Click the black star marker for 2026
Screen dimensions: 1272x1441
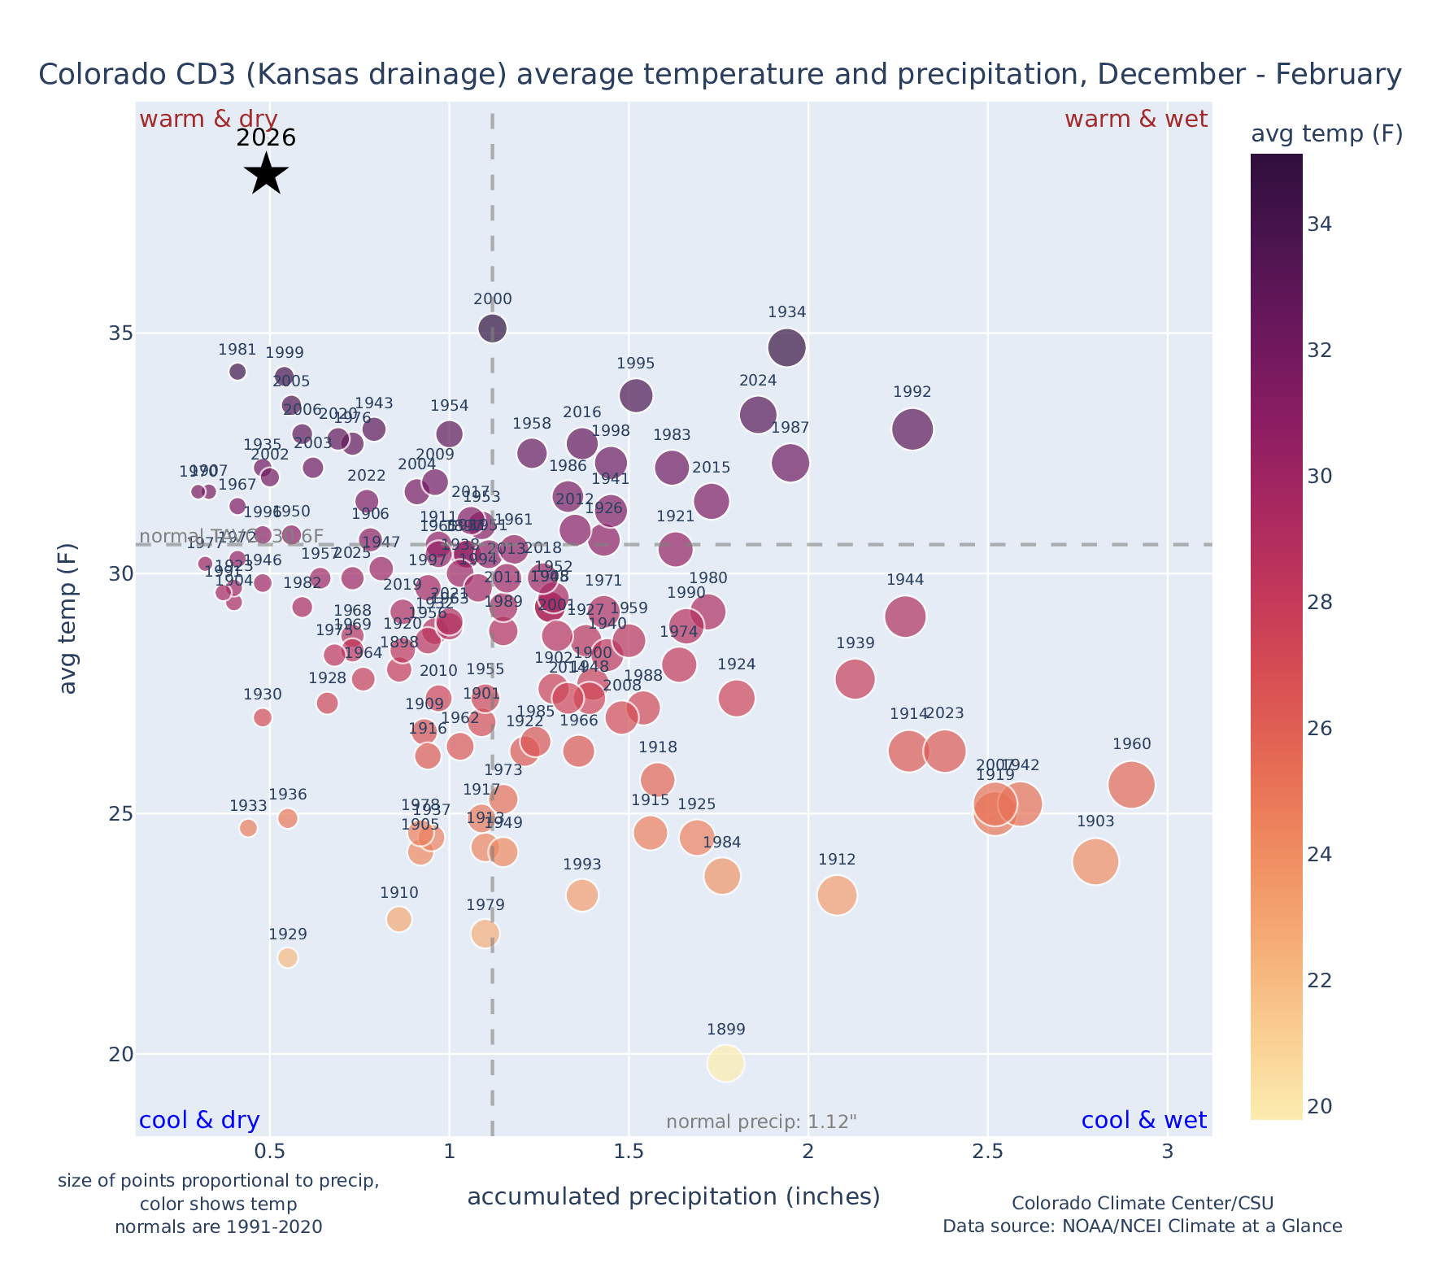coord(266,173)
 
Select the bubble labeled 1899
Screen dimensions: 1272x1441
coord(726,1063)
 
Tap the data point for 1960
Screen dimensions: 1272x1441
coord(1131,785)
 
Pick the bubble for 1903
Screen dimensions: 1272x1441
coord(1095,861)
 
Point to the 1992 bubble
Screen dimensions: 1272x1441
coord(912,429)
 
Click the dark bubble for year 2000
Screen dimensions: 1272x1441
coord(493,329)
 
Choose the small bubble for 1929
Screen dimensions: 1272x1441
coord(288,957)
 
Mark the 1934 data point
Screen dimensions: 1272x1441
coord(786,348)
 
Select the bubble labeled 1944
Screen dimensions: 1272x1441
coord(905,616)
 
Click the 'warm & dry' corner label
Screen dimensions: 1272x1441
coord(208,120)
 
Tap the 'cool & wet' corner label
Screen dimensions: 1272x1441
coord(1143,1121)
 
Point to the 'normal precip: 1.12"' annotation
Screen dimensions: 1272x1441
coord(761,1122)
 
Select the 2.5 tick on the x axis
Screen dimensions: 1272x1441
coord(987,1152)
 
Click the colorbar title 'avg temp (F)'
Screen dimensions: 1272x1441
coord(1326,134)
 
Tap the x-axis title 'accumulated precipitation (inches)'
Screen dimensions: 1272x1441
coord(673,1196)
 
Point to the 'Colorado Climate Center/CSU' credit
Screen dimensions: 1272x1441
coord(1142,1203)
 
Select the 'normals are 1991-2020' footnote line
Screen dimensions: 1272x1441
coord(218,1226)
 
